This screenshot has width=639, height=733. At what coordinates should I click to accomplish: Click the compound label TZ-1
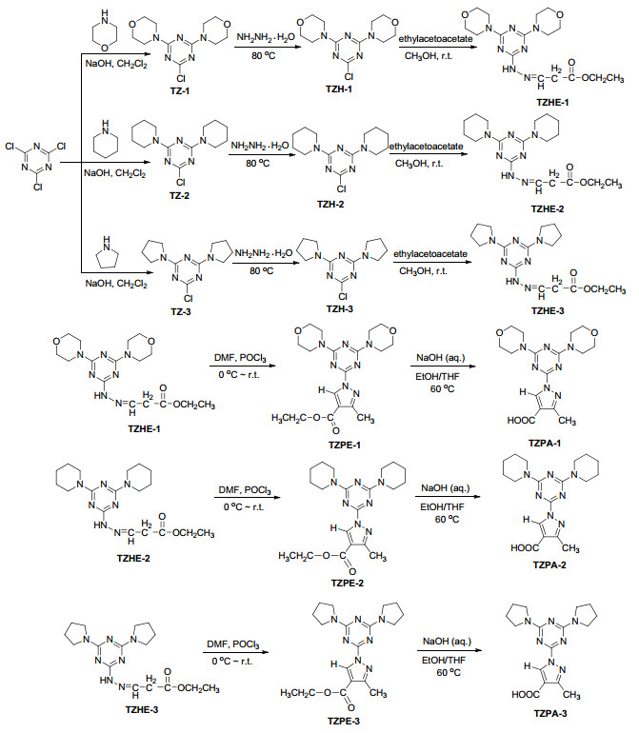point(180,90)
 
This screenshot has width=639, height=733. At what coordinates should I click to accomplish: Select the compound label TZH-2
point(330,204)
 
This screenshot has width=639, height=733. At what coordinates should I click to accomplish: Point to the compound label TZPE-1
point(345,445)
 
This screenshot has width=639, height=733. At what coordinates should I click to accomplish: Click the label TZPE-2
point(347,583)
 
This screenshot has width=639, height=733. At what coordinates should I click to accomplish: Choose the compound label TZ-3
point(181,311)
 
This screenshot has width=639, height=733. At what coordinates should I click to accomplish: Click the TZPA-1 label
point(545,443)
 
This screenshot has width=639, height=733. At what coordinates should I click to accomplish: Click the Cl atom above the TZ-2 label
point(181,183)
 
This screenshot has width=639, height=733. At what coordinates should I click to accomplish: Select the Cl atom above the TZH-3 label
point(343,296)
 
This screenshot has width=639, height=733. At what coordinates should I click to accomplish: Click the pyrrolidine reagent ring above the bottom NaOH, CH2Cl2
point(107,254)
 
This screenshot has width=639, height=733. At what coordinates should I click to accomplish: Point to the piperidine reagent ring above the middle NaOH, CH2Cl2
point(106,139)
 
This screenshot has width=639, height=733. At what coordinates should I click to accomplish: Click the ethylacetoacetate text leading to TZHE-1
point(435,39)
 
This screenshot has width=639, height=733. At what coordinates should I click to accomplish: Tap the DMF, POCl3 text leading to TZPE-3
point(233,644)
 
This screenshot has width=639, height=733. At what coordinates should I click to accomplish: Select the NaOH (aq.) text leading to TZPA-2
point(446,488)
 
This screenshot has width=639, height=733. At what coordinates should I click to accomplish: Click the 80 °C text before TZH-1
point(264,55)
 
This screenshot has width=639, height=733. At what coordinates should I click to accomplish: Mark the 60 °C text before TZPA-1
point(442,388)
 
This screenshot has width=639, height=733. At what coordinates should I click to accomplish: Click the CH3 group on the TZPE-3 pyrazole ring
point(378,693)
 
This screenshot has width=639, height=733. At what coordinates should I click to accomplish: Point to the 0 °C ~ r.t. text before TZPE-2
point(243,506)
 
